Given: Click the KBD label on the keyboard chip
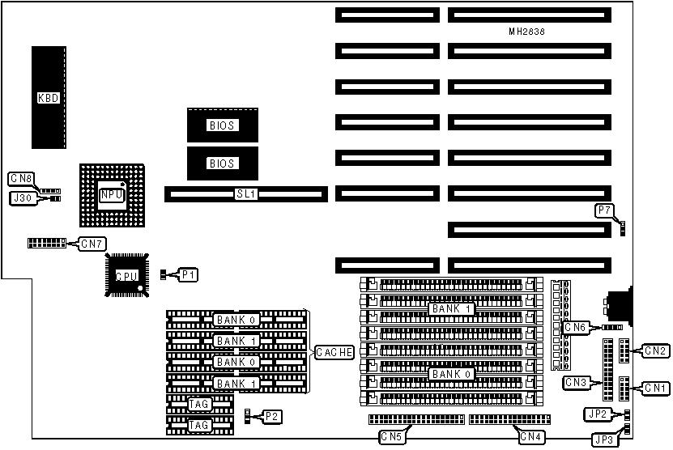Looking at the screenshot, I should [49, 98].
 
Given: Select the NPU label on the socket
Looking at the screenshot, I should [111, 194].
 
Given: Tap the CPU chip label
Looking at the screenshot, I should [125, 276].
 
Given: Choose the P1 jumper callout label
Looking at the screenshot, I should [188, 275].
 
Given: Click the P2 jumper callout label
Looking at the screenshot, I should [273, 416].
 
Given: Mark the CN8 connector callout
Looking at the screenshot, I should [21, 178].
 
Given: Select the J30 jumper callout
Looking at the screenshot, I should [21, 197].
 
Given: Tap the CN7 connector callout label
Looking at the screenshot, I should [92, 243].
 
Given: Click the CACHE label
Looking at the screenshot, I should [334, 352].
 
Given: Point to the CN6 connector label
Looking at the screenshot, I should [576, 327].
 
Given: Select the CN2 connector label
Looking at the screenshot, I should [654, 350].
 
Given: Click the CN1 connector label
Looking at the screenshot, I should [654, 388].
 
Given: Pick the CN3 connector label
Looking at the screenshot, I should [576, 382].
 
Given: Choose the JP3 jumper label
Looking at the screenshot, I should [603, 440].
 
